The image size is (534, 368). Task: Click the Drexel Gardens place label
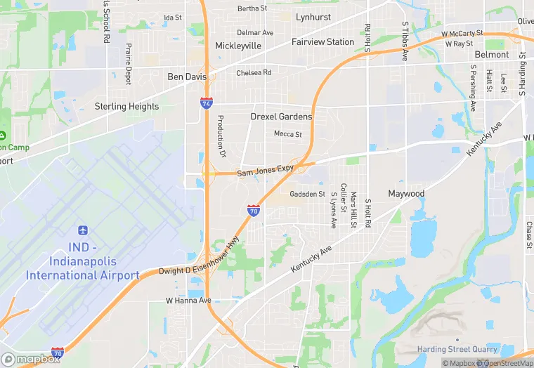coord(281,117)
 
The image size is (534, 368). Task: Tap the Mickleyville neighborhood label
coord(238,46)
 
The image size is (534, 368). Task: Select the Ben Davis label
coord(187,77)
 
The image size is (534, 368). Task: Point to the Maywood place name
coord(406,193)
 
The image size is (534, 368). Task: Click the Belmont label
coord(492,54)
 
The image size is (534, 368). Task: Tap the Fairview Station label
coord(323,42)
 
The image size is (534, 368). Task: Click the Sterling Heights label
coord(126,107)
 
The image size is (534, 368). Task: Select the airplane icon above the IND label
coord(83,230)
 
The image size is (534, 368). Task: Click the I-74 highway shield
coord(206,103)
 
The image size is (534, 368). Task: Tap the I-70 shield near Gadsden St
coord(254,210)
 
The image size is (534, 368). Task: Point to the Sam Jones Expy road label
coord(265,170)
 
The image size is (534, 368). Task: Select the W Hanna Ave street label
coord(188,301)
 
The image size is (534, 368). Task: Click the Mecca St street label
coord(287,134)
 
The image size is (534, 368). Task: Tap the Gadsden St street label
coord(307,194)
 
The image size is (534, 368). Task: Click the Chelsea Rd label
coord(254,72)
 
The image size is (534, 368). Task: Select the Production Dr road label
coord(221,136)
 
